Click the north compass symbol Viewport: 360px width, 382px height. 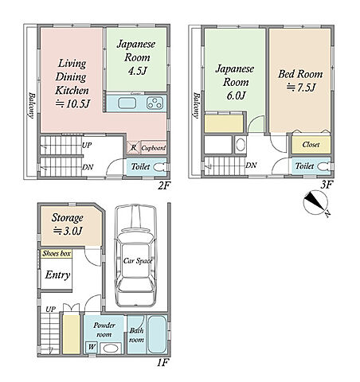click(x=315, y=203)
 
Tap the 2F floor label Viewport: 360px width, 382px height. click(x=164, y=185)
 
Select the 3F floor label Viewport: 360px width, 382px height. click(x=327, y=185)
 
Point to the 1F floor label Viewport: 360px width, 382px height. click(x=162, y=362)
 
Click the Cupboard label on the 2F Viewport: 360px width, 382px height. click(x=154, y=148)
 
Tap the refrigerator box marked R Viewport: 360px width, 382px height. click(x=134, y=147)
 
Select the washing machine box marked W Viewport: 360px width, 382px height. click(x=92, y=347)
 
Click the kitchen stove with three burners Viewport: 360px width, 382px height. click(x=155, y=103)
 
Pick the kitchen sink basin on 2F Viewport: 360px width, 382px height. click(x=127, y=103)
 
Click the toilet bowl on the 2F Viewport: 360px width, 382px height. click(x=158, y=167)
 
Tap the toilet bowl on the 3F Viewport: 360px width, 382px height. click(x=323, y=166)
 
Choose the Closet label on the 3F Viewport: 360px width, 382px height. click(x=311, y=145)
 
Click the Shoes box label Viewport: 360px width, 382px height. click(x=57, y=253)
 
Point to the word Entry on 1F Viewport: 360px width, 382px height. click(x=57, y=275)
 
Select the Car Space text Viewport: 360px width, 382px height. click(x=138, y=261)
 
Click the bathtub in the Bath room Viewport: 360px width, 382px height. click(x=157, y=334)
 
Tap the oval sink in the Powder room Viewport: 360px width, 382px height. click(x=112, y=348)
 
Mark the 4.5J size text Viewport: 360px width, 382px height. click(x=137, y=71)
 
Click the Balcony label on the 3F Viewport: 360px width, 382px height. click(x=196, y=105)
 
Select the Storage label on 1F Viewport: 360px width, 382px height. click(x=67, y=218)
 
